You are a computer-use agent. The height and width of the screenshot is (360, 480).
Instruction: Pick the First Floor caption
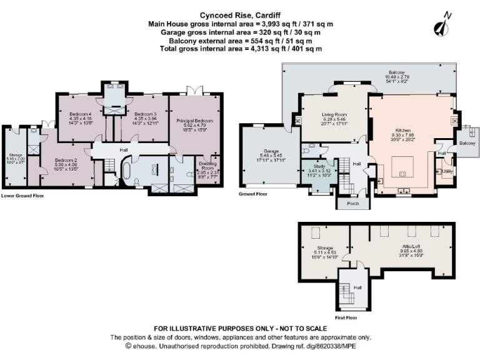point(350,317)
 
